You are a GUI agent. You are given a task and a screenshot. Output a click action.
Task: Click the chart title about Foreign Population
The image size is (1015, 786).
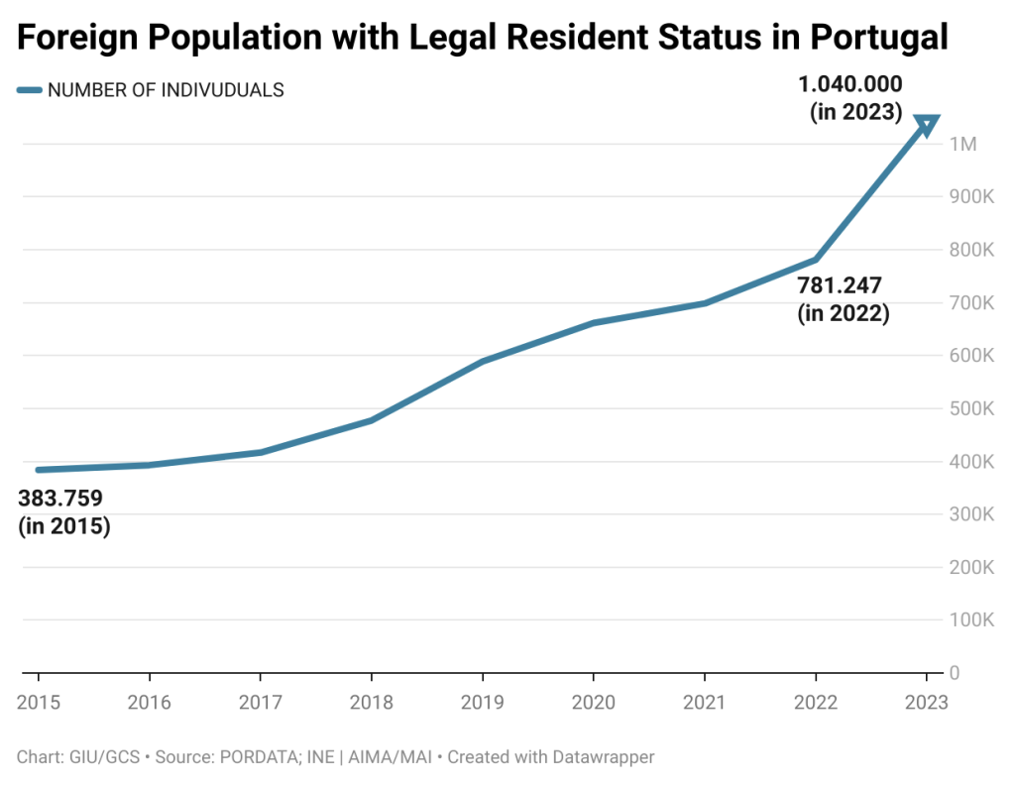click(483, 38)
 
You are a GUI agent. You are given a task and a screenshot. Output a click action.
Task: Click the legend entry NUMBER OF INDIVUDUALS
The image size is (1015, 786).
click(166, 90)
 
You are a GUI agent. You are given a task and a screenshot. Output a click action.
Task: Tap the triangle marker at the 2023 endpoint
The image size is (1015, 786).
click(926, 125)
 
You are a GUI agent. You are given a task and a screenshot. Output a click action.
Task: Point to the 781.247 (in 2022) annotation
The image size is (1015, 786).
click(843, 299)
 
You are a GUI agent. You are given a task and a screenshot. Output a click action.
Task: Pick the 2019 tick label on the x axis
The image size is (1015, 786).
click(483, 702)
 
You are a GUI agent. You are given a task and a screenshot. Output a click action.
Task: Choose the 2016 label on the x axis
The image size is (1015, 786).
click(150, 702)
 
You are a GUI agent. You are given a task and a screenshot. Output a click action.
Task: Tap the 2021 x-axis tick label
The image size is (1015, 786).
click(705, 702)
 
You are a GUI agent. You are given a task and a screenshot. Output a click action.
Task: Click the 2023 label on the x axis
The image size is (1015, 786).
click(926, 702)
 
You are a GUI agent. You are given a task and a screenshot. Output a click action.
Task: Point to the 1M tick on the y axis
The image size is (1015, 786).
click(962, 145)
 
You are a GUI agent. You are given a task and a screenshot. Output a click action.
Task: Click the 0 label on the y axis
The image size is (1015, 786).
click(954, 673)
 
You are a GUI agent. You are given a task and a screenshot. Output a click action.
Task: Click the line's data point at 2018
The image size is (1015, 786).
click(372, 420)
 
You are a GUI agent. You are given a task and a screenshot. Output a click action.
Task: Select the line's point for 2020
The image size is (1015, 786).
click(593, 323)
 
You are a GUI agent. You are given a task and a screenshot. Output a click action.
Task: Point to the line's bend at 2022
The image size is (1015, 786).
click(815, 260)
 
